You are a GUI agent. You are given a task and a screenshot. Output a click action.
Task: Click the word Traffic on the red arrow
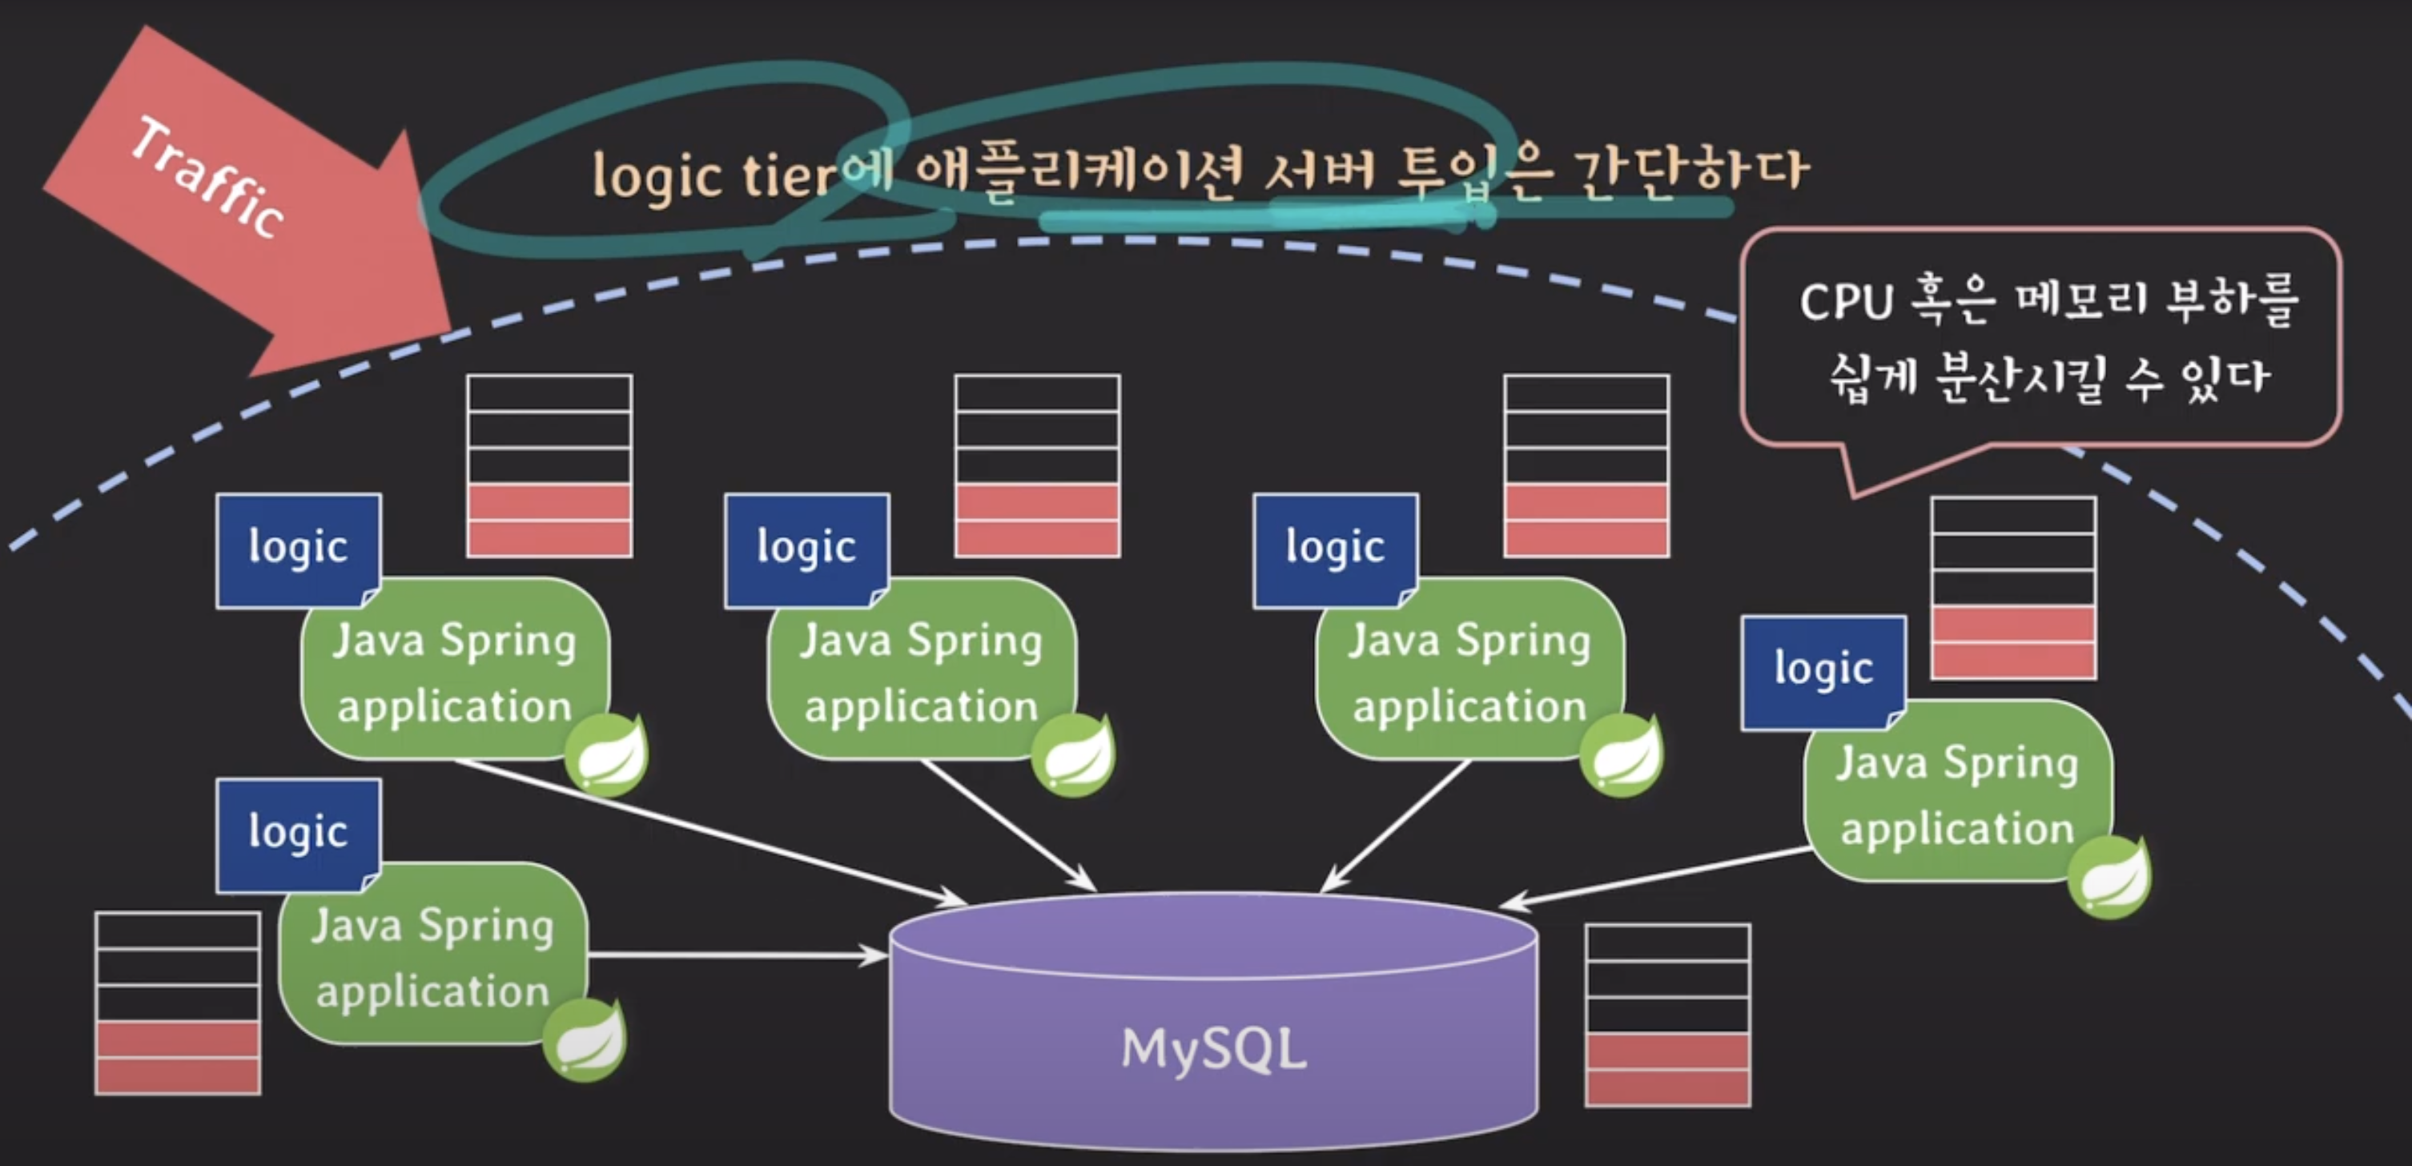click(208, 178)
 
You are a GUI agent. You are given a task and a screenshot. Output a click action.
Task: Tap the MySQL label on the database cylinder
click(1212, 1048)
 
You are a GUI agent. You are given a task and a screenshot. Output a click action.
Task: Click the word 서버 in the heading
click(1321, 172)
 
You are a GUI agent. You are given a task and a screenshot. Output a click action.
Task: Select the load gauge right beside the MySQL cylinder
click(1667, 1015)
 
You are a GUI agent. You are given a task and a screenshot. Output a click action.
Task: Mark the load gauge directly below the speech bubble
click(2013, 588)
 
